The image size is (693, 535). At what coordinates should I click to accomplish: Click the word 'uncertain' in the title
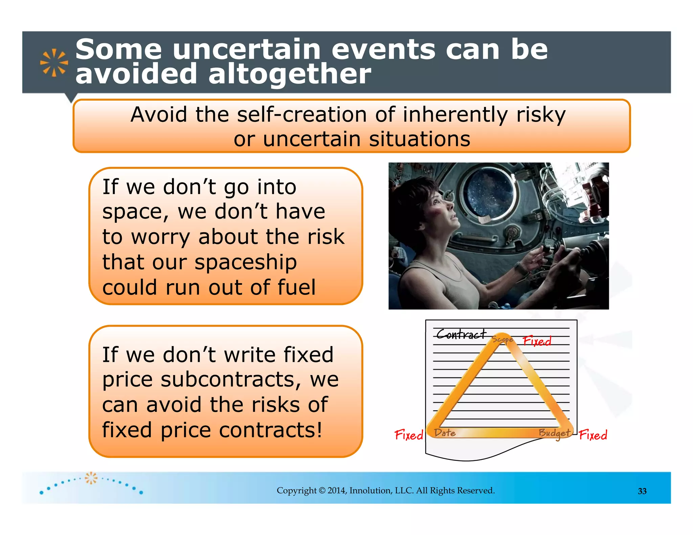[246, 50]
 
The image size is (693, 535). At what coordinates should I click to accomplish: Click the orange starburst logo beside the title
[54, 63]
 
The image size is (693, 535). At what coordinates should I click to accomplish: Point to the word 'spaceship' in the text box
[246, 262]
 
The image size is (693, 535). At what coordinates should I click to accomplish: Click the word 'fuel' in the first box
[296, 287]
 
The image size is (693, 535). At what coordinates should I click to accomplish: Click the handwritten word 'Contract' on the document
[461, 334]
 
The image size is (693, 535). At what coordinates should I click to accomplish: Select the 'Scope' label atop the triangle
[502, 339]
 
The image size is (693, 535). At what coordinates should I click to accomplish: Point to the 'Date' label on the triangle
[445, 433]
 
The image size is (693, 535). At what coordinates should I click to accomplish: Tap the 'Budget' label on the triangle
[554, 433]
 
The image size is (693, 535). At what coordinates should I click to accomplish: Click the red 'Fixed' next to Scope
[537, 341]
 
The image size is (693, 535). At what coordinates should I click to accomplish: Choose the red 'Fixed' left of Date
[409, 435]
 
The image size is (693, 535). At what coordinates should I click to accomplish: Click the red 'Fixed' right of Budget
[593, 435]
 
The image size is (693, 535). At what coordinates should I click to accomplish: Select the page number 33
[642, 491]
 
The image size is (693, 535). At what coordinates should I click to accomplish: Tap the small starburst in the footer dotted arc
[91, 478]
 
